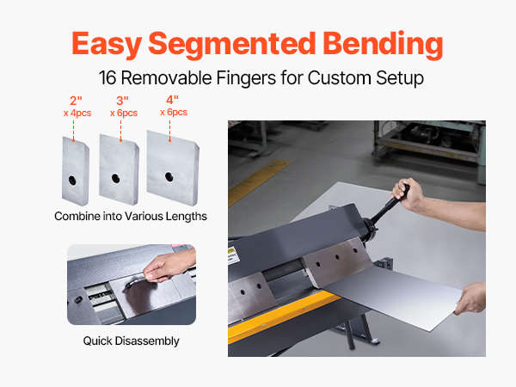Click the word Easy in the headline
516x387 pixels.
tap(107, 45)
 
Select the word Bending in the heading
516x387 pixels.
tap(383, 45)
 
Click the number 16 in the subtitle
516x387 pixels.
tap(107, 78)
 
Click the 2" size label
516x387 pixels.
tap(76, 101)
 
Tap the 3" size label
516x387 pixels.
tap(122, 101)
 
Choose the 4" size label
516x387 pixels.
tap(172, 100)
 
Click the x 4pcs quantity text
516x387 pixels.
tap(77, 114)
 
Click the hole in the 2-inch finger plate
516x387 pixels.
tap(72, 180)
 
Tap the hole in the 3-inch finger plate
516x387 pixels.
tap(115, 178)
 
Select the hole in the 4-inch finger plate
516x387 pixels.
tap(169, 176)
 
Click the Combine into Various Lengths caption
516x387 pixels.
tap(131, 216)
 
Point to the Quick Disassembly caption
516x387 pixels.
tap(131, 341)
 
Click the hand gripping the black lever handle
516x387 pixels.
tap(407, 194)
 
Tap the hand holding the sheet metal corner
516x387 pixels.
tap(470, 298)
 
